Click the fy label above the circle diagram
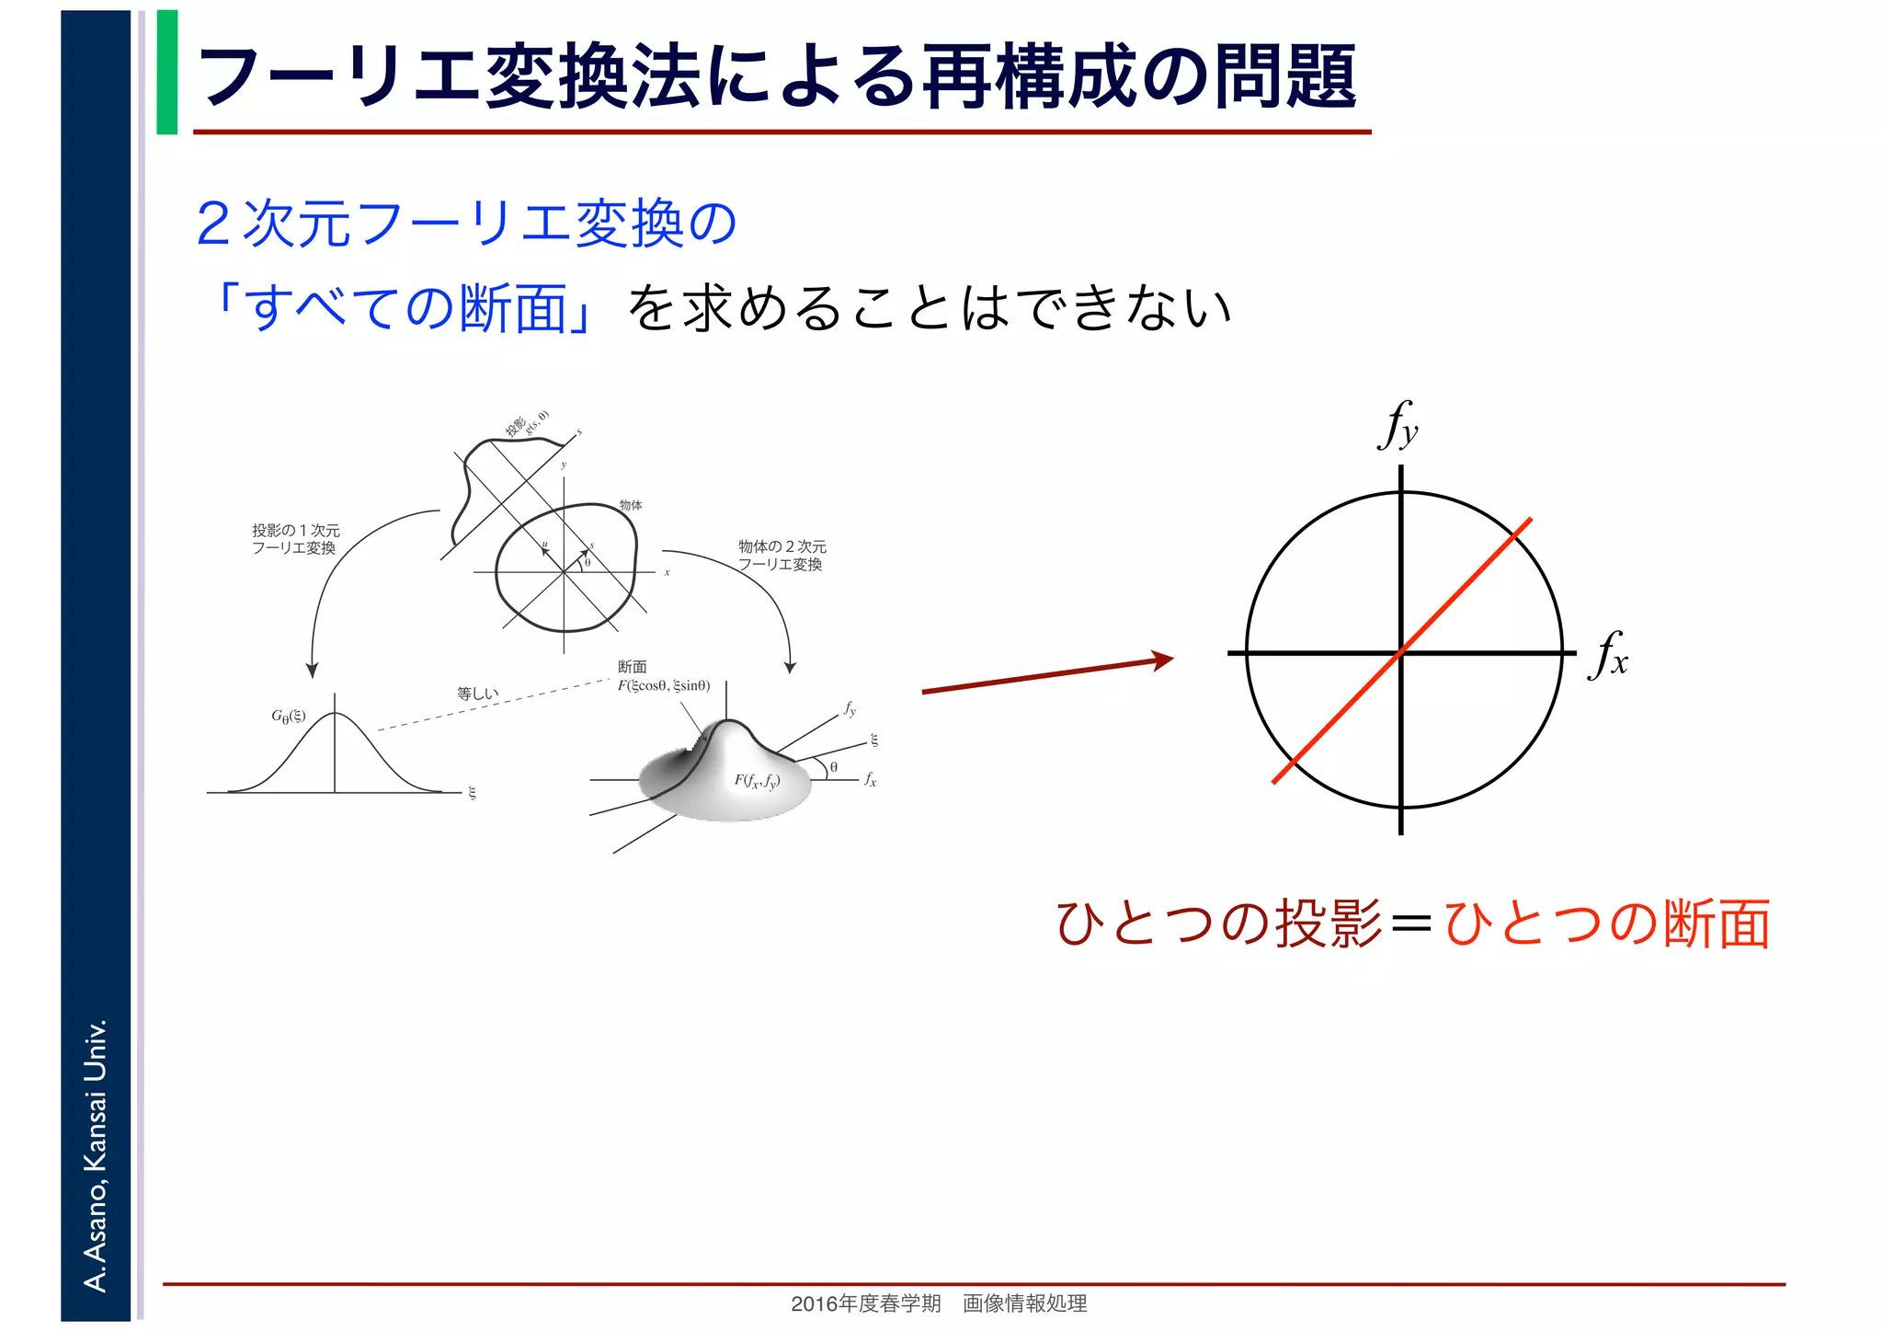tap(1398, 425)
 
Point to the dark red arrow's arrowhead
tap(1162, 659)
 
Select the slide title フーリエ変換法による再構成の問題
tap(777, 76)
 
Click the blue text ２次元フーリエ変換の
tap(466, 224)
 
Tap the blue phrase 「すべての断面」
tap(405, 308)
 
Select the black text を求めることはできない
tap(929, 308)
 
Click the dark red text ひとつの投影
tap(1219, 924)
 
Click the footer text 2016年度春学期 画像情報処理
tap(939, 1303)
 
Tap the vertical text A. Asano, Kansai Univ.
tap(96, 1154)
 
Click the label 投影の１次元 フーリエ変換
tap(295, 539)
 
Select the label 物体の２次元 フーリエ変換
tap(782, 556)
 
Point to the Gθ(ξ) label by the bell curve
tap(288, 717)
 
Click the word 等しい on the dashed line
tap(477, 694)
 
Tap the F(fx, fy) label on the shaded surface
tap(757, 781)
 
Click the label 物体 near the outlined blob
tap(631, 505)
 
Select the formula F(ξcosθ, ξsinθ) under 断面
tap(664, 685)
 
